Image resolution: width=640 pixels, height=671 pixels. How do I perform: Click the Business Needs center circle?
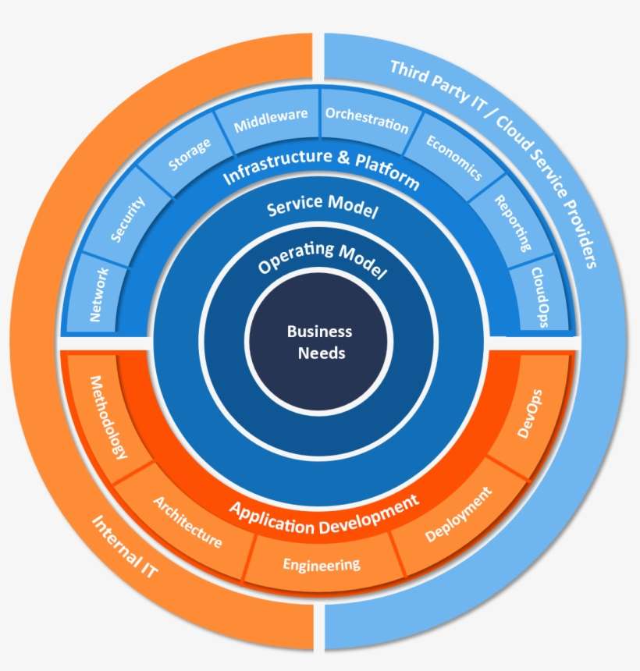point(318,342)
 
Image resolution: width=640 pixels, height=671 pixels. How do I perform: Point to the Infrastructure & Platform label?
point(321,168)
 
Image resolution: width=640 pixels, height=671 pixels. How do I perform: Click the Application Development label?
point(324,512)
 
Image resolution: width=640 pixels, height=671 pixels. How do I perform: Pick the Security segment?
point(128,220)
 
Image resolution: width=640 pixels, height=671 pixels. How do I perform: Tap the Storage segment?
point(190,154)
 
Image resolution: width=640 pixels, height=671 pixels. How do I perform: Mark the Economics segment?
point(454,158)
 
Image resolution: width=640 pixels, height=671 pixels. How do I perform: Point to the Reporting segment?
point(513,222)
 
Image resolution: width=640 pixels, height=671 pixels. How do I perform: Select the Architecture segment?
point(187,521)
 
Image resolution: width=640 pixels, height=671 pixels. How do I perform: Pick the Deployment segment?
point(459,515)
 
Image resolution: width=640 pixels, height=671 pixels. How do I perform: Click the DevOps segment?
point(530,414)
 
